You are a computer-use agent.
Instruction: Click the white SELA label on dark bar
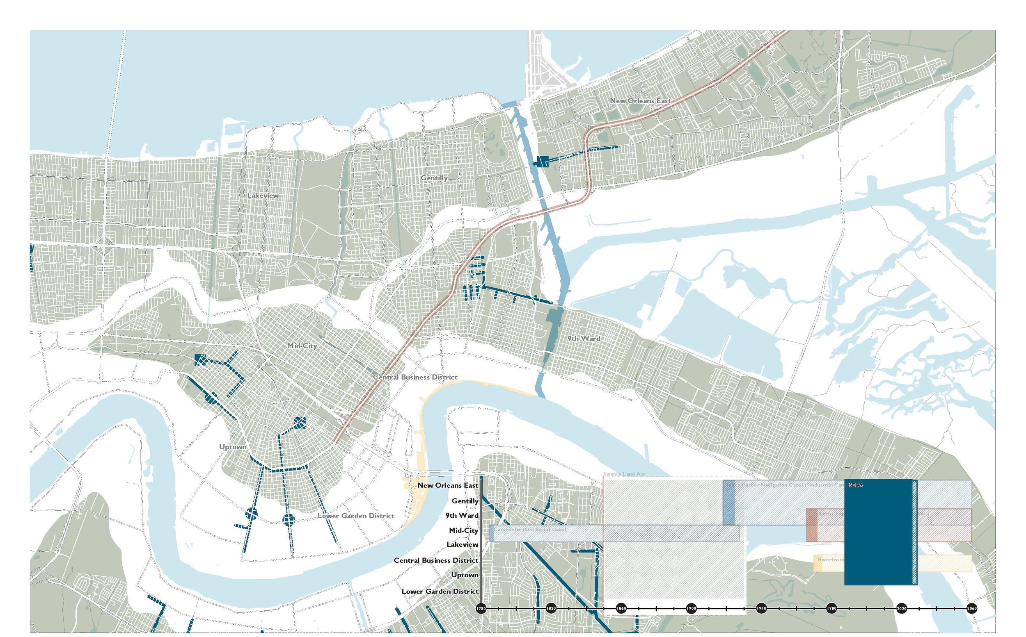pos(856,485)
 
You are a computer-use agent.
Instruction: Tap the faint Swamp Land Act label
pos(624,474)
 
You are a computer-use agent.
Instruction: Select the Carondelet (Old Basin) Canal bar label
pos(530,529)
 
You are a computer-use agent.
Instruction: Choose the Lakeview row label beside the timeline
pos(462,545)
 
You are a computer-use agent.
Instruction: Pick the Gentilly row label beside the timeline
pos(465,501)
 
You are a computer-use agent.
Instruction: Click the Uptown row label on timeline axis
pos(465,575)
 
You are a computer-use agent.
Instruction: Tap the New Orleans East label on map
pos(640,101)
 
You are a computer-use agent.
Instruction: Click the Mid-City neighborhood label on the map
pos(302,346)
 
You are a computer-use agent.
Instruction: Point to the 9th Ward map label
pos(584,338)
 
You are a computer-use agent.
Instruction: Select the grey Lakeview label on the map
pos(263,196)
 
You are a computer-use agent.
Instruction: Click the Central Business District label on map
pos(415,377)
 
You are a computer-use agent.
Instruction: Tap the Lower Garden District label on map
pos(356,516)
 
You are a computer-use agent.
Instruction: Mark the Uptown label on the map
pos(233,447)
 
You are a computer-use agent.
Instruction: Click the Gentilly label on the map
pos(434,178)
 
